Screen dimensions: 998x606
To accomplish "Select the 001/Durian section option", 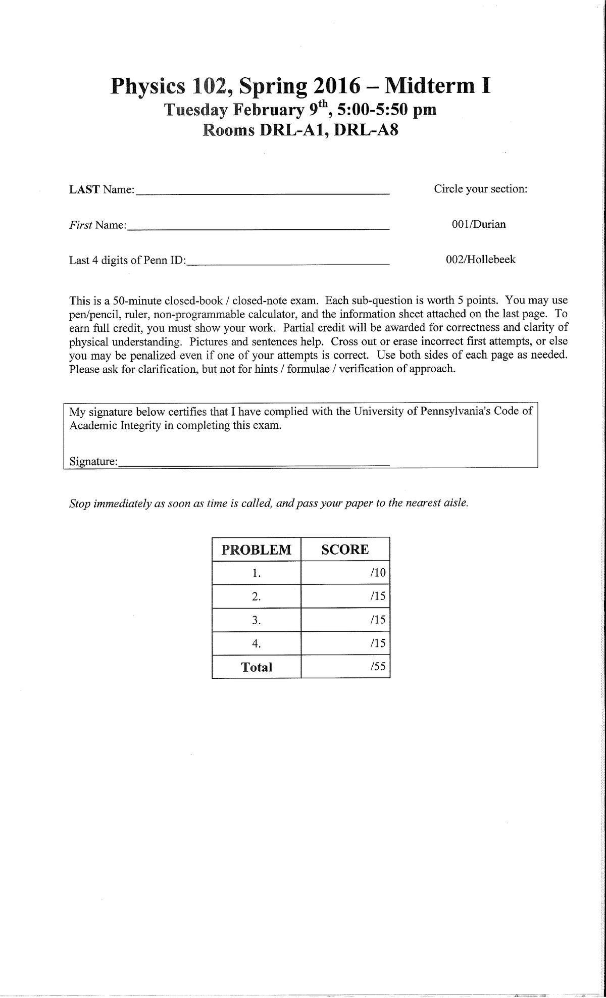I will click(478, 224).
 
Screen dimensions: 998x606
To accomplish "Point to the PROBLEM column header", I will click(257, 550).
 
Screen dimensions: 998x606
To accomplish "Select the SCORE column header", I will click(345, 550).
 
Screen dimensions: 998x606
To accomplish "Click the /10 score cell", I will click(345, 573).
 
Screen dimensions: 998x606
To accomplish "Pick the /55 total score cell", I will click(345, 667).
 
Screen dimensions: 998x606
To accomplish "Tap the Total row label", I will click(257, 667).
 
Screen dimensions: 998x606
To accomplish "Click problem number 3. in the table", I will click(257, 620).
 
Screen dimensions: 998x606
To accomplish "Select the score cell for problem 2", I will click(345, 596).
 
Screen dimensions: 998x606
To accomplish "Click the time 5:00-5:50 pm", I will click(385, 110).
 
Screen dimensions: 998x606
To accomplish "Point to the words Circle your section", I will click(480, 189).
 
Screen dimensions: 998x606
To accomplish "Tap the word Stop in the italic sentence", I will click(79, 504).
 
